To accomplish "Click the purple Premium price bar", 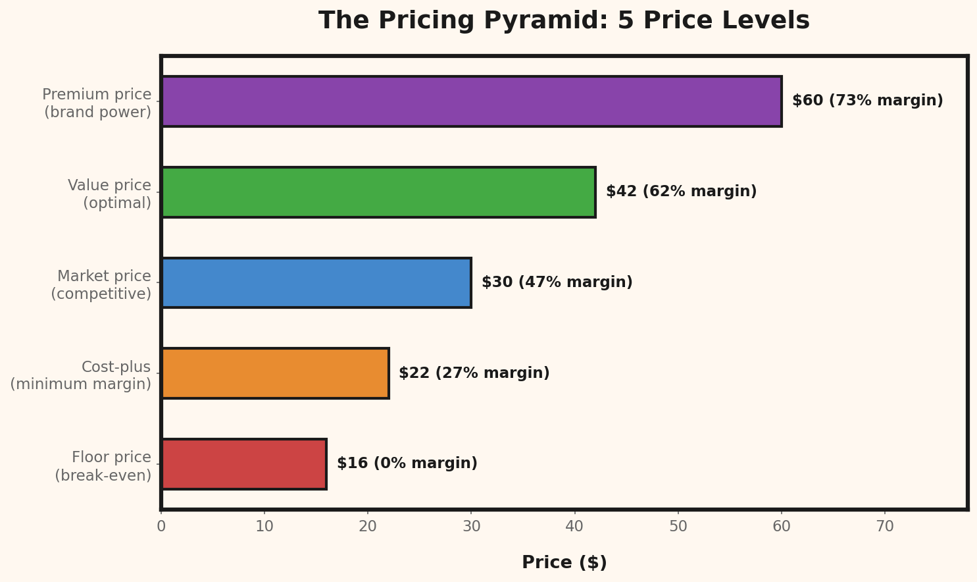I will coord(471,101).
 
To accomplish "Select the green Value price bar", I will coord(378,192).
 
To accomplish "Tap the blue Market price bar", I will coord(316,282).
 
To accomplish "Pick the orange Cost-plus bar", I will coord(275,373).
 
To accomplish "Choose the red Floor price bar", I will coord(243,464).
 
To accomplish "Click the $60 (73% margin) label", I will coord(867,101).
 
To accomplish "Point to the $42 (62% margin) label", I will coord(681,192).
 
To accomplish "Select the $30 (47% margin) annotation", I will coord(557,282).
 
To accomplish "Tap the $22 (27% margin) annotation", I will coord(474,373).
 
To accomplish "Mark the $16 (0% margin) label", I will coord(407,463).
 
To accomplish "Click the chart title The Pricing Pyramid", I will coord(564,21).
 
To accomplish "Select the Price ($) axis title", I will coord(564,563).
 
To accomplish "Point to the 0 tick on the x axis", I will coord(161,527).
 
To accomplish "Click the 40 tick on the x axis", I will coord(575,527).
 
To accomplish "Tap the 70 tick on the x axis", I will coord(885,527).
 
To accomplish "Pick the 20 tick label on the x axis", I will coord(368,527).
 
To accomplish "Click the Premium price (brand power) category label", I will coord(97,103).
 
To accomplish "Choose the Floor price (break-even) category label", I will coord(103,466).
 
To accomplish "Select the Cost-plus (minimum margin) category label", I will coord(81,375).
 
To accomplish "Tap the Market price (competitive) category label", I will coord(101,285).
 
